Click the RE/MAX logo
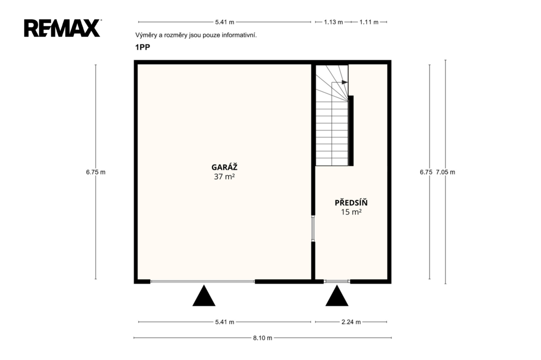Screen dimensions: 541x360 pyautogui.click(x=62, y=28)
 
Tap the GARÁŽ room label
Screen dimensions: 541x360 pyautogui.click(x=224, y=167)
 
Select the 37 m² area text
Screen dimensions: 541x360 pyautogui.click(x=224, y=177)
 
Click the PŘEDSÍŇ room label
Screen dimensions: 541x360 pyautogui.click(x=351, y=202)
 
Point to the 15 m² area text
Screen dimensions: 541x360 pyautogui.click(x=351, y=212)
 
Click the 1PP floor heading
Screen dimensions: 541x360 pyautogui.click(x=143, y=47)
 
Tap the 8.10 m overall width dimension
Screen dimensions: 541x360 pyautogui.click(x=263, y=338)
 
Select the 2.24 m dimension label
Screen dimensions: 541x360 pyautogui.click(x=351, y=322)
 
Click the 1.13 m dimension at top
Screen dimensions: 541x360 pyautogui.click(x=333, y=22)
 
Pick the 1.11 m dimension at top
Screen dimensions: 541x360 pyautogui.click(x=369, y=22)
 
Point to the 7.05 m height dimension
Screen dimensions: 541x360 pyautogui.click(x=445, y=172)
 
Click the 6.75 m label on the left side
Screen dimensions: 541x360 pyautogui.click(x=96, y=172)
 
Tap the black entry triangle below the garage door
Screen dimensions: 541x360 pyautogui.click(x=204, y=296)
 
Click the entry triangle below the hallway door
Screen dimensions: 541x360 pyautogui.click(x=337, y=296)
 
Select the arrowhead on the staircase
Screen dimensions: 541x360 pyautogui.click(x=344, y=82)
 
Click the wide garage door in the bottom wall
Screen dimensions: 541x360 pyautogui.click(x=202, y=282)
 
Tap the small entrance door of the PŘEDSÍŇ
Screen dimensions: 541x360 pyautogui.click(x=337, y=282)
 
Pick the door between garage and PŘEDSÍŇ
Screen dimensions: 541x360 pyautogui.click(x=313, y=228)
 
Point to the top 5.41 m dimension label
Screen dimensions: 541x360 pyautogui.click(x=225, y=22)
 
